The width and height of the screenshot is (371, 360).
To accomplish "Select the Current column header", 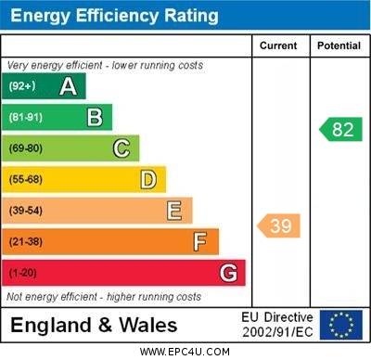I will (278, 45).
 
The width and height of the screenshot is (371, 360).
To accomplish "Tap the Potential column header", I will (339, 45).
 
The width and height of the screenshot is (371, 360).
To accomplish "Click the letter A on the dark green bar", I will (68, 86).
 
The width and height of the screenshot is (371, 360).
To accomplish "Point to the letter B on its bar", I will (95, 117).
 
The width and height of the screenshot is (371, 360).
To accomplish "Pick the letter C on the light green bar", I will (121, 148).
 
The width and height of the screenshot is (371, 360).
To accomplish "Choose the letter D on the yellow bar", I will (147, 179).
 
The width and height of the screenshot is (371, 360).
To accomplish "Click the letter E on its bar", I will (173, 211).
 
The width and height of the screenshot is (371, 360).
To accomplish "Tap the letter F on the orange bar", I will (199, 242).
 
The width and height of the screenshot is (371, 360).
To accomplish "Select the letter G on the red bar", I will (227, 273).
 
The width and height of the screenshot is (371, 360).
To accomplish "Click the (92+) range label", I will (22, 86).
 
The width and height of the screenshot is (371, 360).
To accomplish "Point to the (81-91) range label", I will (26, 117).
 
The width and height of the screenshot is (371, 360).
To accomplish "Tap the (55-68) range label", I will (26, 179).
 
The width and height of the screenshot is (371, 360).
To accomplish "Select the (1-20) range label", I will (23, 273).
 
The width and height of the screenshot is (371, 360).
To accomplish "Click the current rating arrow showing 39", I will (279, 225).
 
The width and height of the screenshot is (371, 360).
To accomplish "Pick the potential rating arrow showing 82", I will (340, 129).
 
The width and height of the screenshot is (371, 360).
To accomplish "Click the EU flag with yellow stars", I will (341, 325).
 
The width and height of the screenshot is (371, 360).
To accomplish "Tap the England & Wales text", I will (94, 326).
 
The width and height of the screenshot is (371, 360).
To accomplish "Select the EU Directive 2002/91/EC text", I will (277, 325).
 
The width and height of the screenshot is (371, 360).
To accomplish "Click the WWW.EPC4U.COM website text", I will (185, 352).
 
